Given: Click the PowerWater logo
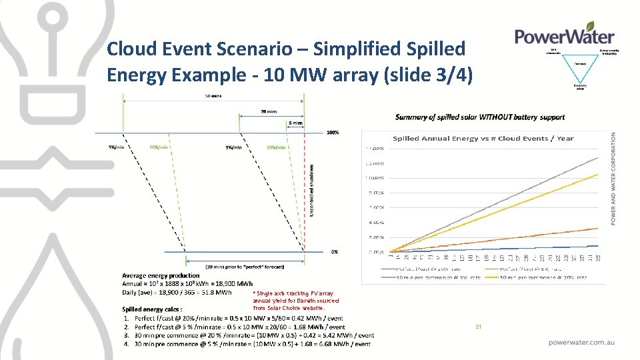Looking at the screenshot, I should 565,35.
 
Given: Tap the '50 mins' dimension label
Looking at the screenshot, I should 213,96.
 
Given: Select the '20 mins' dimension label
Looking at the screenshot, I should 269,111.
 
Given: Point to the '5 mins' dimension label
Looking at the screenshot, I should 295,123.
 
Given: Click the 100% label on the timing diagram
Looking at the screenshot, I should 333,133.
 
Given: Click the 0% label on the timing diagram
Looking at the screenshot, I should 334,252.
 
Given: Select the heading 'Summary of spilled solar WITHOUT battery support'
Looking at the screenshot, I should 480,117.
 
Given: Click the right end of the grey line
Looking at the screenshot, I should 597,157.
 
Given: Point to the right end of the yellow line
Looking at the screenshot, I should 597,175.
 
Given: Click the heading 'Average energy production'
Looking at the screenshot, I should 161,275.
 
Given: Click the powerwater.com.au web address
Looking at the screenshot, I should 581,342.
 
